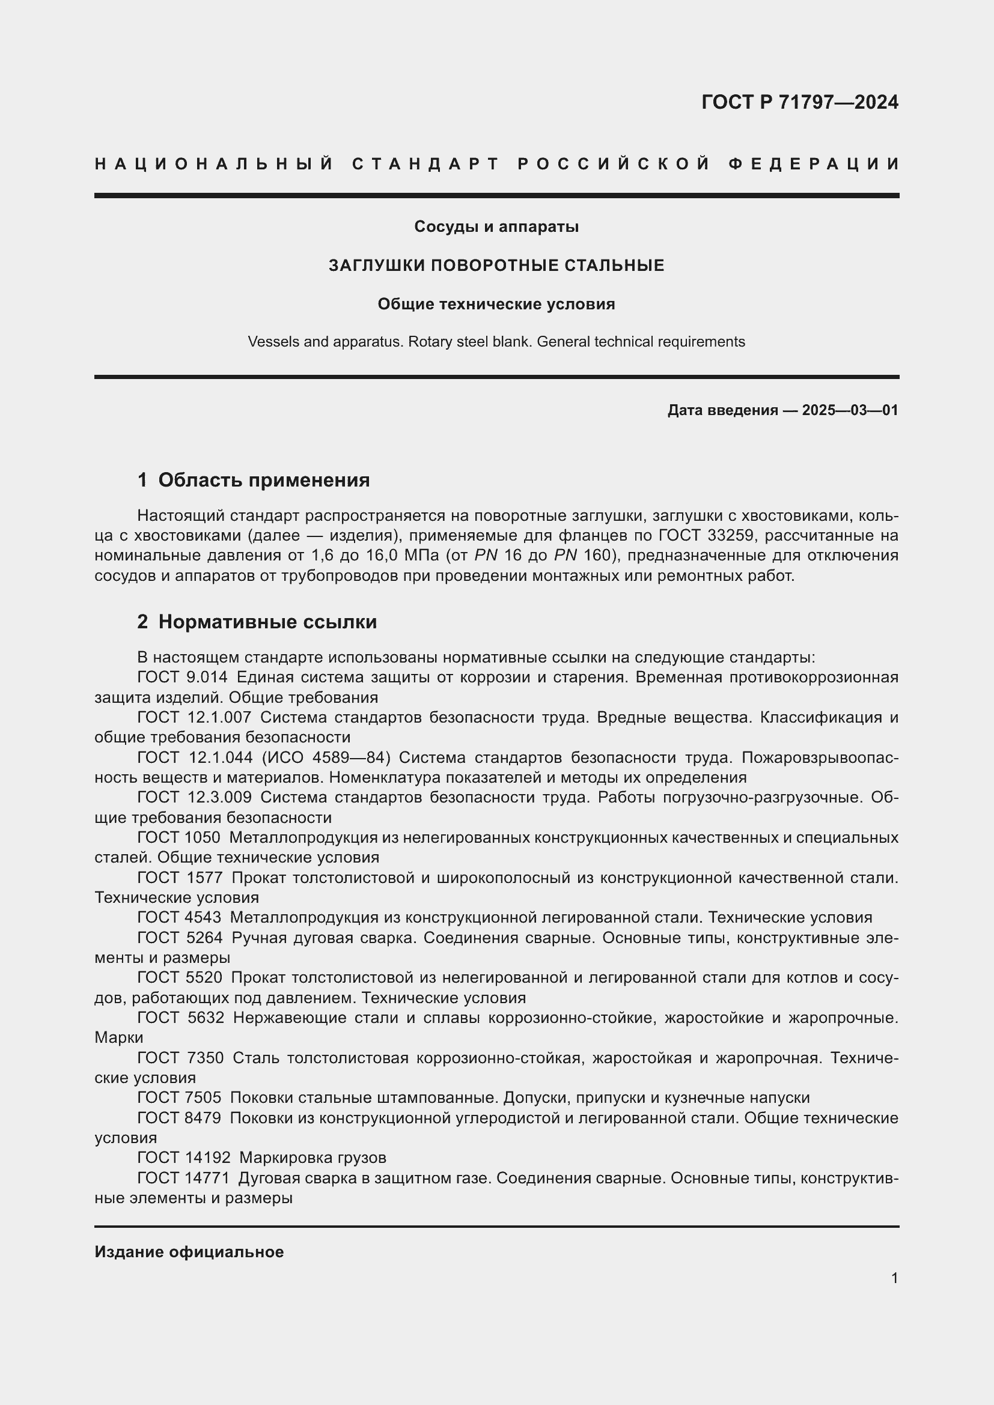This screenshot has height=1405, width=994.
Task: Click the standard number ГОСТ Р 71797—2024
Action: (x=799, y=102)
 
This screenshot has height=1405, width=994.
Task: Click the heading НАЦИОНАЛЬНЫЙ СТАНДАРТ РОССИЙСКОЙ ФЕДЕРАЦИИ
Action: (x=496, y=164)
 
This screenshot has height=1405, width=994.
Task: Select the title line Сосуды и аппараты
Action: (x=496, y=227)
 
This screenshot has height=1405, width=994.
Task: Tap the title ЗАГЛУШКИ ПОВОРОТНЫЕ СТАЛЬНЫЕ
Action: (x=496, y=266)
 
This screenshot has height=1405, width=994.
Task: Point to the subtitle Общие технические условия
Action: (x=496, y=304)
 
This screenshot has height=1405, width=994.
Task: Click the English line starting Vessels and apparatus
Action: (x=496, y=342)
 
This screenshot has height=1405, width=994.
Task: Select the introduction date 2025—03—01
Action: (x=850, y=411)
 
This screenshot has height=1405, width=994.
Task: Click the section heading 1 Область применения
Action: (x=254, y=481)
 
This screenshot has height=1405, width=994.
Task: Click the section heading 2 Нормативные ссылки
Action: (x=257, y=622)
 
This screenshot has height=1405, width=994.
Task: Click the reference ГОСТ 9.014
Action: (x=183, y=678)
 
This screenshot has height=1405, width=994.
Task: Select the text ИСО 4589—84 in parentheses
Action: (x=326, y=757)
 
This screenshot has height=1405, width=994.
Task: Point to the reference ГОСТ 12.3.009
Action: (x=195, y=797)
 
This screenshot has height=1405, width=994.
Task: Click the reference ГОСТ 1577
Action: (x=180, y=878)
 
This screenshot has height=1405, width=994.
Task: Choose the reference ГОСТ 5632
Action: (x=180, y=1018)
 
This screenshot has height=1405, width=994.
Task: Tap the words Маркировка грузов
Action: (x=313, y=1158)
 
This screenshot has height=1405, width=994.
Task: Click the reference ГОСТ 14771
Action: (x=183, y=1178)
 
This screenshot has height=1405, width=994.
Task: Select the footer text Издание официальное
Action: (x=189, y=1252)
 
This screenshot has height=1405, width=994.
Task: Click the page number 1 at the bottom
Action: (x=894, y=1278)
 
